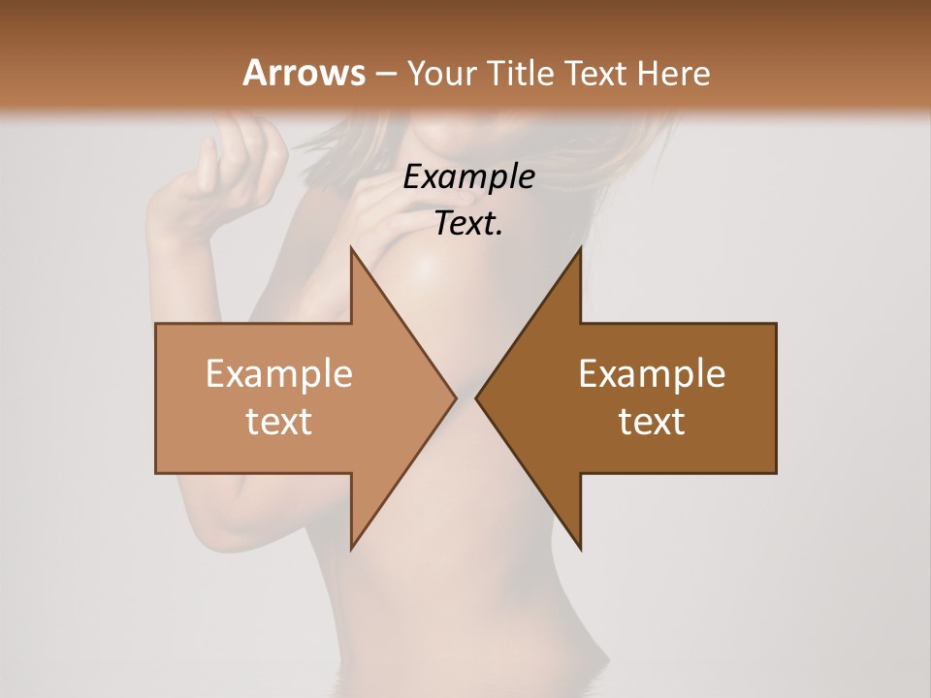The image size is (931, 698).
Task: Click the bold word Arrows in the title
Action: coord(303,73)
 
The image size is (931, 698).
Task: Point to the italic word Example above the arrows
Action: coord(468,176)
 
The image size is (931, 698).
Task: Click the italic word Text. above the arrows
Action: coord(468,223)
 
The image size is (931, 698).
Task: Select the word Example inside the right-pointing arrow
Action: coord(279,373)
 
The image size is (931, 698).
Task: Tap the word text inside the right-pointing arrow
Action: coord(279,421)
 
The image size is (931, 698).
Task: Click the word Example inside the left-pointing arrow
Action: coord(652,373)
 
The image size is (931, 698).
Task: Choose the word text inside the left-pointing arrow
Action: coord(652,421)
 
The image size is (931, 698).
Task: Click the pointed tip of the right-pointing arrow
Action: coord(455,398)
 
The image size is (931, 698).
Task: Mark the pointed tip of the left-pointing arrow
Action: coord(476,398)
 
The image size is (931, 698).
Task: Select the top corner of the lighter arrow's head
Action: coord(351,248)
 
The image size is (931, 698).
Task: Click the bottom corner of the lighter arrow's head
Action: coord(351,549)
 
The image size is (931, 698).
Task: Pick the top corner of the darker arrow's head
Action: coord(580,248)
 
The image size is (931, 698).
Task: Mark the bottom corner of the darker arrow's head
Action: coord(580,549)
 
